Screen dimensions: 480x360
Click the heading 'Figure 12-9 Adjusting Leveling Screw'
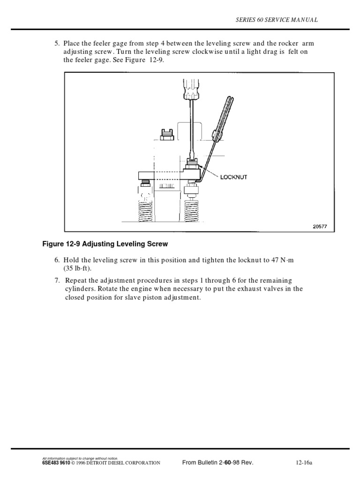[105, 244]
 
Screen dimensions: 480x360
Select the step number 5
[56, 44]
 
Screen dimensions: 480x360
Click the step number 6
[56, 260]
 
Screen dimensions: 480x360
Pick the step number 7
[56, 280]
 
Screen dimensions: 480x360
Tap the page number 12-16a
[304, 463]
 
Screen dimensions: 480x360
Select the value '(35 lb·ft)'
[78, 269]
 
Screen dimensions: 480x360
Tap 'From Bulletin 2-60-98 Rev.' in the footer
[217, 463]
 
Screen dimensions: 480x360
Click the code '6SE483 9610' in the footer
[56, 463]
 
